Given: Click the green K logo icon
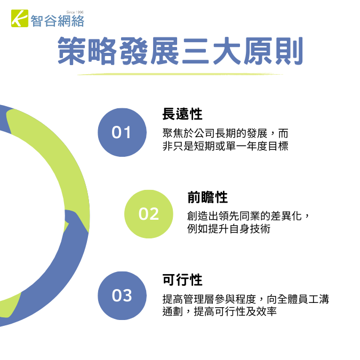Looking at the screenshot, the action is (20, 18).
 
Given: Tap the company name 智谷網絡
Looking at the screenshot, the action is (58, 21).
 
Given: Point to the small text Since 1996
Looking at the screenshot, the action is (75, 12).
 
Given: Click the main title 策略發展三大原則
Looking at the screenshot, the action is (180, 51).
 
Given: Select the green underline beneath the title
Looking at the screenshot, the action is (180, 74).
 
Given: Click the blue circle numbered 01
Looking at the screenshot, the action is (122, 132).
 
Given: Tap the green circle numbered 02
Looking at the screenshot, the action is (149, 214).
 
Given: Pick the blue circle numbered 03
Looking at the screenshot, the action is (122, 295).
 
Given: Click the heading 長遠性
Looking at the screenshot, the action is (182, 114).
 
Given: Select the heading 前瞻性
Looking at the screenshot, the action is (207, 197).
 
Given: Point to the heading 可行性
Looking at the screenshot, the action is (182, 279).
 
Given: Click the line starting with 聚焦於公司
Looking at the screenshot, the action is (225, 133).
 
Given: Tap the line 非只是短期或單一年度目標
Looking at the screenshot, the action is (225, 146).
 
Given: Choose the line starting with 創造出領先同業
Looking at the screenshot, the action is (249, 216).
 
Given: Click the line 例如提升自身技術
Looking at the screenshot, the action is (229, 229).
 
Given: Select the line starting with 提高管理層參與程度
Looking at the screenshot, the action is (246, 299).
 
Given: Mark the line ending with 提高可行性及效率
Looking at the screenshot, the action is (220, 311).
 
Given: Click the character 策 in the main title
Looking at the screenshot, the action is (71, 51).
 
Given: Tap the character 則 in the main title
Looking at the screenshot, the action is (289, 51).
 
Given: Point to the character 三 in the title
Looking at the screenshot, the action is (196, 51).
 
